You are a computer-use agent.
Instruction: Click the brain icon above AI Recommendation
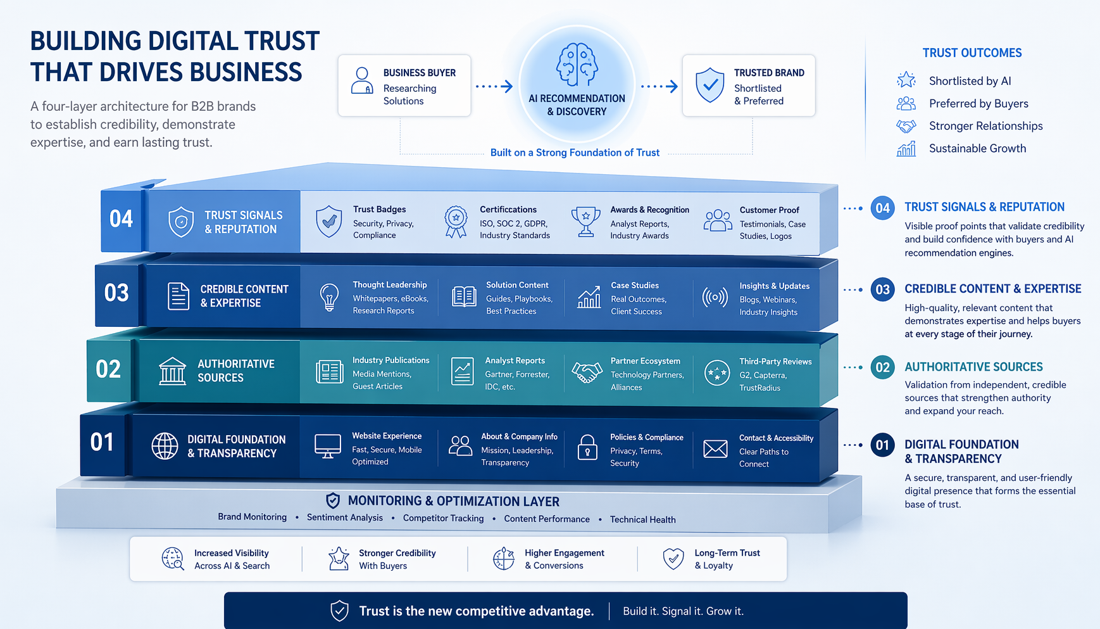(x=577, y=65)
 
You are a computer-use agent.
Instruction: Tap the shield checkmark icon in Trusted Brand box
(x=709, y=85)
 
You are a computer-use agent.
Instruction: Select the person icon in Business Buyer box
(x=362, y=81)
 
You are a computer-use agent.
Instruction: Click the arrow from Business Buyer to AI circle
(x=494, y=86)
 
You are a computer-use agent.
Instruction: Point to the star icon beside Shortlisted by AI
(x=906, y=80)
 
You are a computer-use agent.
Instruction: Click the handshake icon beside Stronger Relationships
(x=906, y=126)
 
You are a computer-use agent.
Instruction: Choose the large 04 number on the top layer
(x=121, y=219)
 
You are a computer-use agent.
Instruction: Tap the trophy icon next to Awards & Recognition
(x=586, y=222)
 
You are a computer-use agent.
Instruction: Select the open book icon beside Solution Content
(x=464, y=296)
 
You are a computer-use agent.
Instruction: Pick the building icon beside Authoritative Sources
(x=172, y=371)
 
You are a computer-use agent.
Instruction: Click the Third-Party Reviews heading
(x=775, y=362)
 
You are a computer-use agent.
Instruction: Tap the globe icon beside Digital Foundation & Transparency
(x=165, y=446)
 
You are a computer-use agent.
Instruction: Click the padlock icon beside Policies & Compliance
(x=587, y=447)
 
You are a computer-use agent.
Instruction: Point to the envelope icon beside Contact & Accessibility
(x=715, y=449)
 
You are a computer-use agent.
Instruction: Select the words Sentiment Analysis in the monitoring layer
(x=345, y=518)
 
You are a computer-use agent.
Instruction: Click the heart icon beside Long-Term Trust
(x=673, y=559)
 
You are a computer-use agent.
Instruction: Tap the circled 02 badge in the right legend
(x=882, y=367)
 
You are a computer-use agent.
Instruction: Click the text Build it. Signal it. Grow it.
(x=684, y=611)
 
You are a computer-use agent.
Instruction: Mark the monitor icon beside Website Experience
(x=328, y=447)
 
